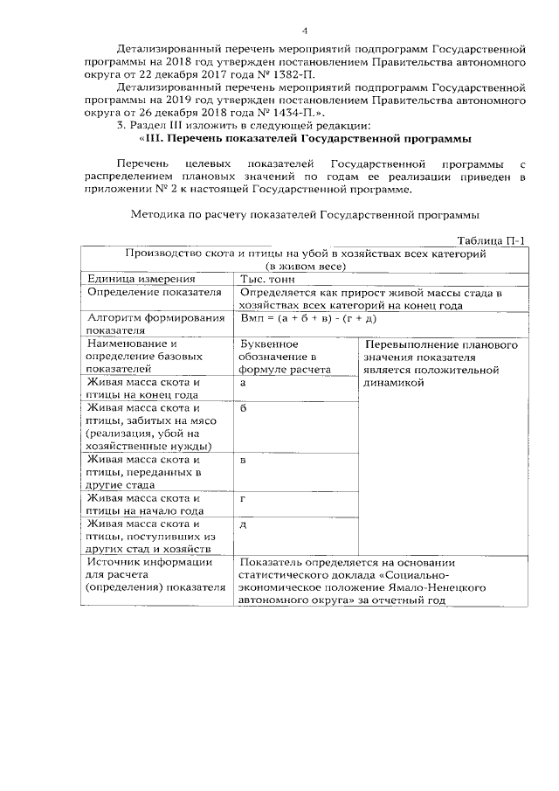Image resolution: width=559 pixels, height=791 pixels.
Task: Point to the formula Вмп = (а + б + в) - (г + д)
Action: (308, 319)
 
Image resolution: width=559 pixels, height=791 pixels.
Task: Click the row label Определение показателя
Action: (150, 292)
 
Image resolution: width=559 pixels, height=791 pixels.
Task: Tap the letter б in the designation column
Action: (243, 408)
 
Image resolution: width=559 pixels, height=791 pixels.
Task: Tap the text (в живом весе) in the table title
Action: (306, 266)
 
